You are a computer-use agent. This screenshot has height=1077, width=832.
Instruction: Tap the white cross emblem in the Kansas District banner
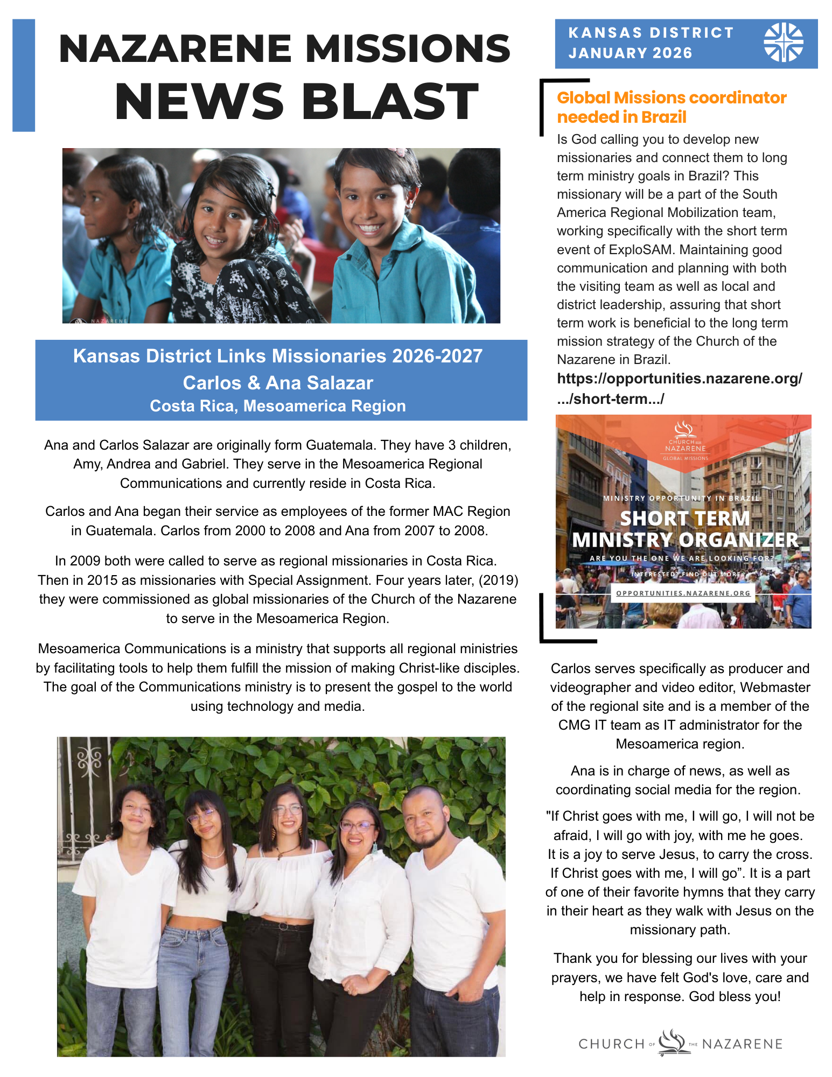[783, 42]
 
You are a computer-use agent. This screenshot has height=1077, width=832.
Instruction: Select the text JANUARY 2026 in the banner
[630, 53]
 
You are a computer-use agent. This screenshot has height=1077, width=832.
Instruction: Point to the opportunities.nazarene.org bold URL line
[679, 379]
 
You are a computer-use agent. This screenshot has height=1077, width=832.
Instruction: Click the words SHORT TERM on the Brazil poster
[684, 518]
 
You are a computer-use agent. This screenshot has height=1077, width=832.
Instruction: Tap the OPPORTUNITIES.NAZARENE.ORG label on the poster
[683, 593]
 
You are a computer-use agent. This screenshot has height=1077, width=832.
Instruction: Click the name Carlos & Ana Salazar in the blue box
[278, 383]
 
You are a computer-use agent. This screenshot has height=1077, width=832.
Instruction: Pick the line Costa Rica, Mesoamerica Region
[278, 406]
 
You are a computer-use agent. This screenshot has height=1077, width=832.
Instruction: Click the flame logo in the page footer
[673, 1041]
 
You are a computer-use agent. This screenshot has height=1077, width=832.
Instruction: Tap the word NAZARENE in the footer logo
[742, 1044]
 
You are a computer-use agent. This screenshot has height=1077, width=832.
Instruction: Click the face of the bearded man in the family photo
[426, 819]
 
